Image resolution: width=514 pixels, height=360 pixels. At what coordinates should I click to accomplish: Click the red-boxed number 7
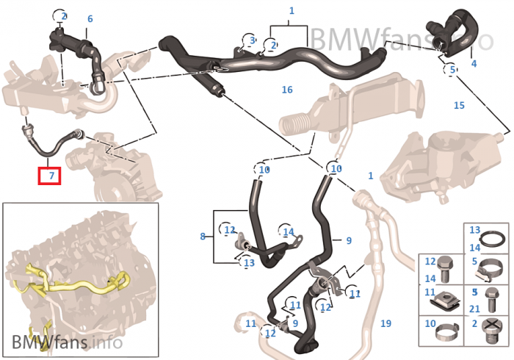(x=51, y=176)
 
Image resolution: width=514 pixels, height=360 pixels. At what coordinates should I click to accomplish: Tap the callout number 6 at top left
(x=90, y=19)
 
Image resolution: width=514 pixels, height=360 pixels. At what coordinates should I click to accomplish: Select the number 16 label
(x=287, y=90)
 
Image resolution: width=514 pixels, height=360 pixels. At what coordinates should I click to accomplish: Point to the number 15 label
(x=459, y=106)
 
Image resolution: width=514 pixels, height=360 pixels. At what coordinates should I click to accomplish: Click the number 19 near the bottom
(x=385, y=323)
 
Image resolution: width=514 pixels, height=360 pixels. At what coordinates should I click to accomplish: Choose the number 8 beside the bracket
(x=202, y=236)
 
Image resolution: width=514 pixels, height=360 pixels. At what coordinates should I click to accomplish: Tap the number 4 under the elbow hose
(x=474, y=64)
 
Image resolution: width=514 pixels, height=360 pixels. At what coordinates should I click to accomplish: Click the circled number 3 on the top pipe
(x=252, y=40)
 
